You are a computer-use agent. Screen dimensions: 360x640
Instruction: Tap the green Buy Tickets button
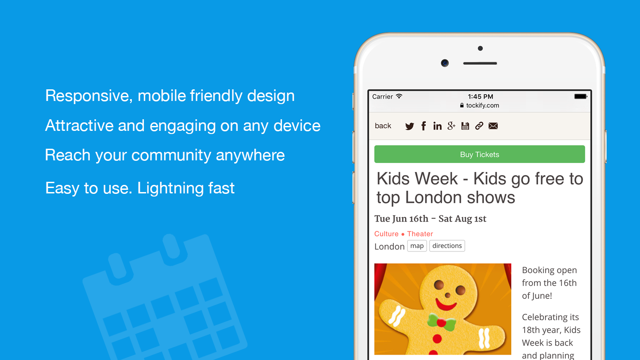point(480,155)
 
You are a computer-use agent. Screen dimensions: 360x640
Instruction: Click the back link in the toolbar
point(383,126)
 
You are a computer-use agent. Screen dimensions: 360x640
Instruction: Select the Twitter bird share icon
point(409,126)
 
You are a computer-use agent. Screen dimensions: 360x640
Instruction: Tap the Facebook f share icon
point(423,126)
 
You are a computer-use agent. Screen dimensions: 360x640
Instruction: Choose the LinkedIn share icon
point(437,126)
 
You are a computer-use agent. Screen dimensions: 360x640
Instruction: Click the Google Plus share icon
point(451,126)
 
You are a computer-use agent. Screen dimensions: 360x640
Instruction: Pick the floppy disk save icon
point(465,126)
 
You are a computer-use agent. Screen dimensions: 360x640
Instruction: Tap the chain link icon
point(479,126)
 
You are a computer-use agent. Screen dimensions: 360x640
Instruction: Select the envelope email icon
point(493,126)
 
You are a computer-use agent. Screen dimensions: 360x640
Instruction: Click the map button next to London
point(417,246)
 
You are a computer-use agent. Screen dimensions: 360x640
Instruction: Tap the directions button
point(447,246)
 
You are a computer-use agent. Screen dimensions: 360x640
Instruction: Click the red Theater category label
point(420,234)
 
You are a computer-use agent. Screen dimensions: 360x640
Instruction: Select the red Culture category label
point(387,234)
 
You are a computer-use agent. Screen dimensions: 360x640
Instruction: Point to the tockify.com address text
point(483,106)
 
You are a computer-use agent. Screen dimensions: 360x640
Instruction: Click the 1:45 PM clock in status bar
point(480,96)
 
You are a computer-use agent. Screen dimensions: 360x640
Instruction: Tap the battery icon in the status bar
point(581,96)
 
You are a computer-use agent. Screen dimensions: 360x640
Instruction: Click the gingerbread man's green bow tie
point(441,322)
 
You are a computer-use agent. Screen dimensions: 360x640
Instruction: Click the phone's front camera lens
point(445,63)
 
